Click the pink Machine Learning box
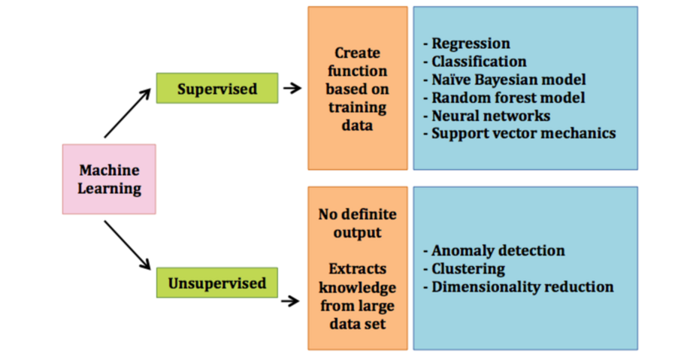click(x=109, y=180)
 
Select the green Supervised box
click(x=216, y=89)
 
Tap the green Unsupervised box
click(x=216, y=283)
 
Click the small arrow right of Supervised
click(x=292, y=89)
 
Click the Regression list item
click(x=471, y=44)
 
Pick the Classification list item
click(x=479, y=62)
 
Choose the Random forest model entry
click(x=508, y=98)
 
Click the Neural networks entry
click(x=491, y=116)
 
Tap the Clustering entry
click(x=468, y=269)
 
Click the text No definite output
click(x=358, y=224)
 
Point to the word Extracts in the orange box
click(x=358, y=268)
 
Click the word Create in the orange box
click(x=358, y=53)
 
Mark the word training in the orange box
click(x=358, y=107)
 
